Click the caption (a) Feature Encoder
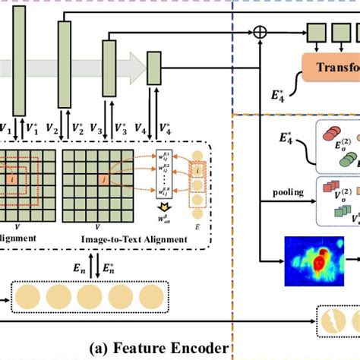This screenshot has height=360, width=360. coord(159,348)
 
